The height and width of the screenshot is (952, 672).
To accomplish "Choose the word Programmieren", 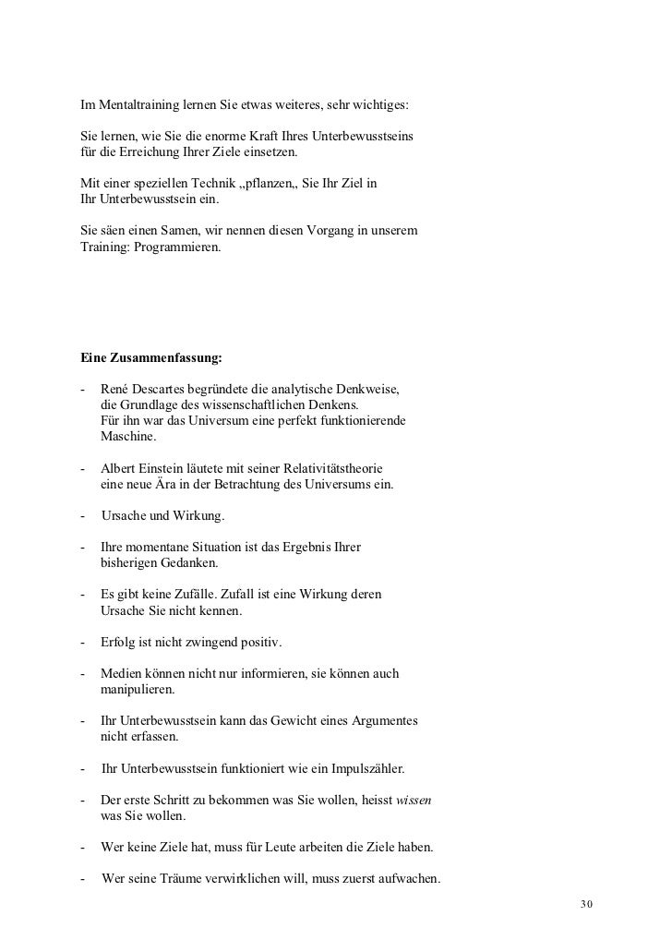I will coord(174,248).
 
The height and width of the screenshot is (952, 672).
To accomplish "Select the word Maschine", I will coord(128,436).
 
